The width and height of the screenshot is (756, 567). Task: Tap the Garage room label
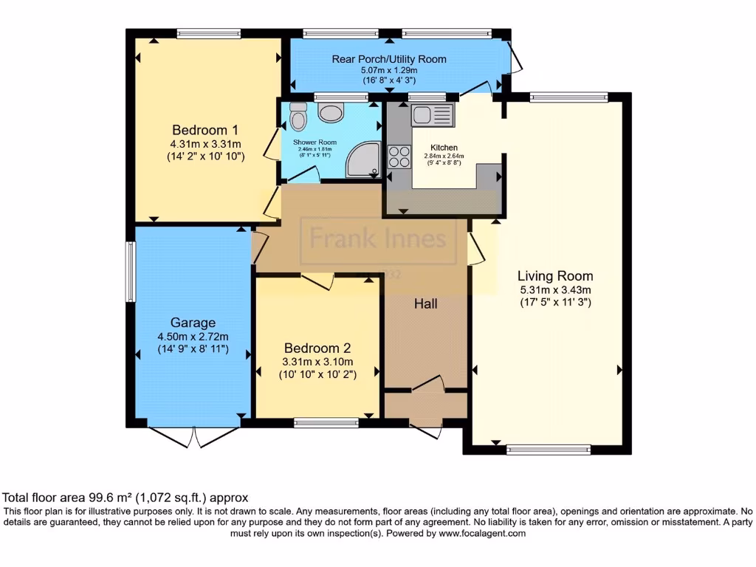[193, 322]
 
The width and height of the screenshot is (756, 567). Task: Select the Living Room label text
[555, 275]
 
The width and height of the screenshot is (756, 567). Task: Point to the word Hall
[426, 303]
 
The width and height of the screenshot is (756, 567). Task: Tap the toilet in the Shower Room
[298, 117]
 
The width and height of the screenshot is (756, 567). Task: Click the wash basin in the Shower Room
[331, 112]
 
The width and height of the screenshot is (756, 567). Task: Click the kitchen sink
[432, 114]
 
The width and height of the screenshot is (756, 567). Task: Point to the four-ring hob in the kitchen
[399, 157]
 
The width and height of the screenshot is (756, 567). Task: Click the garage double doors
[194, 437]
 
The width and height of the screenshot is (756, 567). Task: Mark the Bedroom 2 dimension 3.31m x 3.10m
[317, 362]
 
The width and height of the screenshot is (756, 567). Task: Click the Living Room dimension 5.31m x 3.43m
[555, 289]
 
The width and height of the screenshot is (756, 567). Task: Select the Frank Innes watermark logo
[378, 239]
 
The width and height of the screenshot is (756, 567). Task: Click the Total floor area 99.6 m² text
[126, 498]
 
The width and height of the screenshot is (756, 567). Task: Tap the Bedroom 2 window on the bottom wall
[326, 423]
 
